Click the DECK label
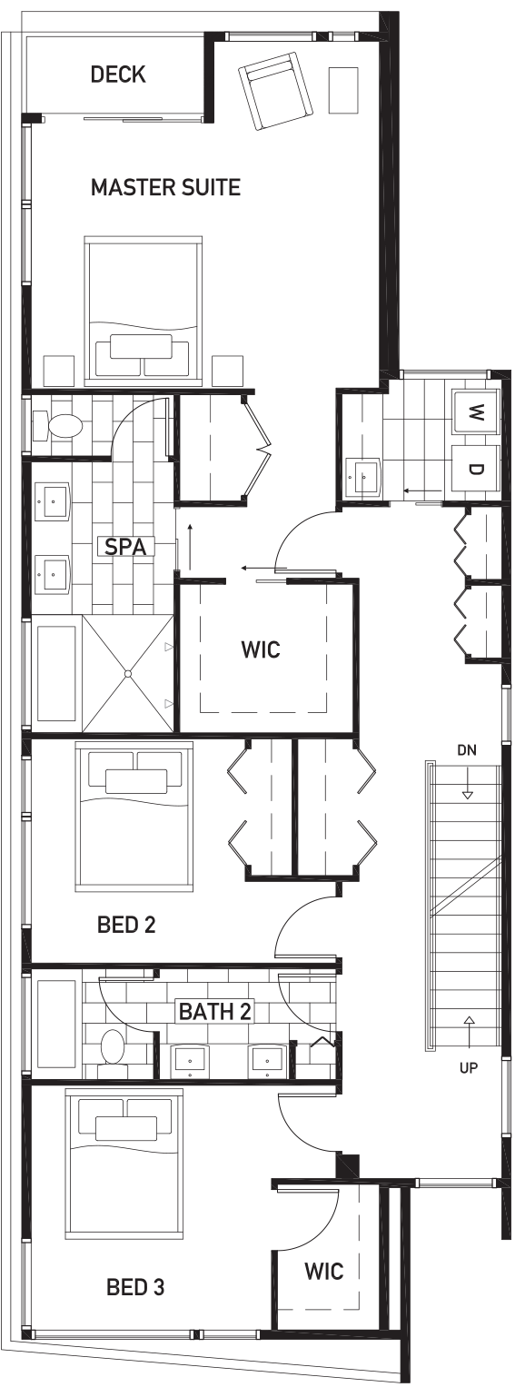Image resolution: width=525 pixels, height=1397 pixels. click(118, 74)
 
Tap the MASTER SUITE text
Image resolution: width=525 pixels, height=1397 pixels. click(166, 187)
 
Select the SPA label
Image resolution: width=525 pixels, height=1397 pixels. click(125, 546)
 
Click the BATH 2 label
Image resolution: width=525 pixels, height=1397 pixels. click(214, 1010)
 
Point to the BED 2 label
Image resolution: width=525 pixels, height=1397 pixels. click(126, 925)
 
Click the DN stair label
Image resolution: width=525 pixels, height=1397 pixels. click(467, 750)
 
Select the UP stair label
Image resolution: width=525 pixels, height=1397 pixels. click(469, 1067)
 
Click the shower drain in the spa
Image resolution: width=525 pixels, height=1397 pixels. click(128, 674)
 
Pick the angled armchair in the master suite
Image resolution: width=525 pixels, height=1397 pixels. click(275, 91)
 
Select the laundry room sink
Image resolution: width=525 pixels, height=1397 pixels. click(363, 478)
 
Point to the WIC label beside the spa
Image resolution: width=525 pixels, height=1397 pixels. click(261, 649)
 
